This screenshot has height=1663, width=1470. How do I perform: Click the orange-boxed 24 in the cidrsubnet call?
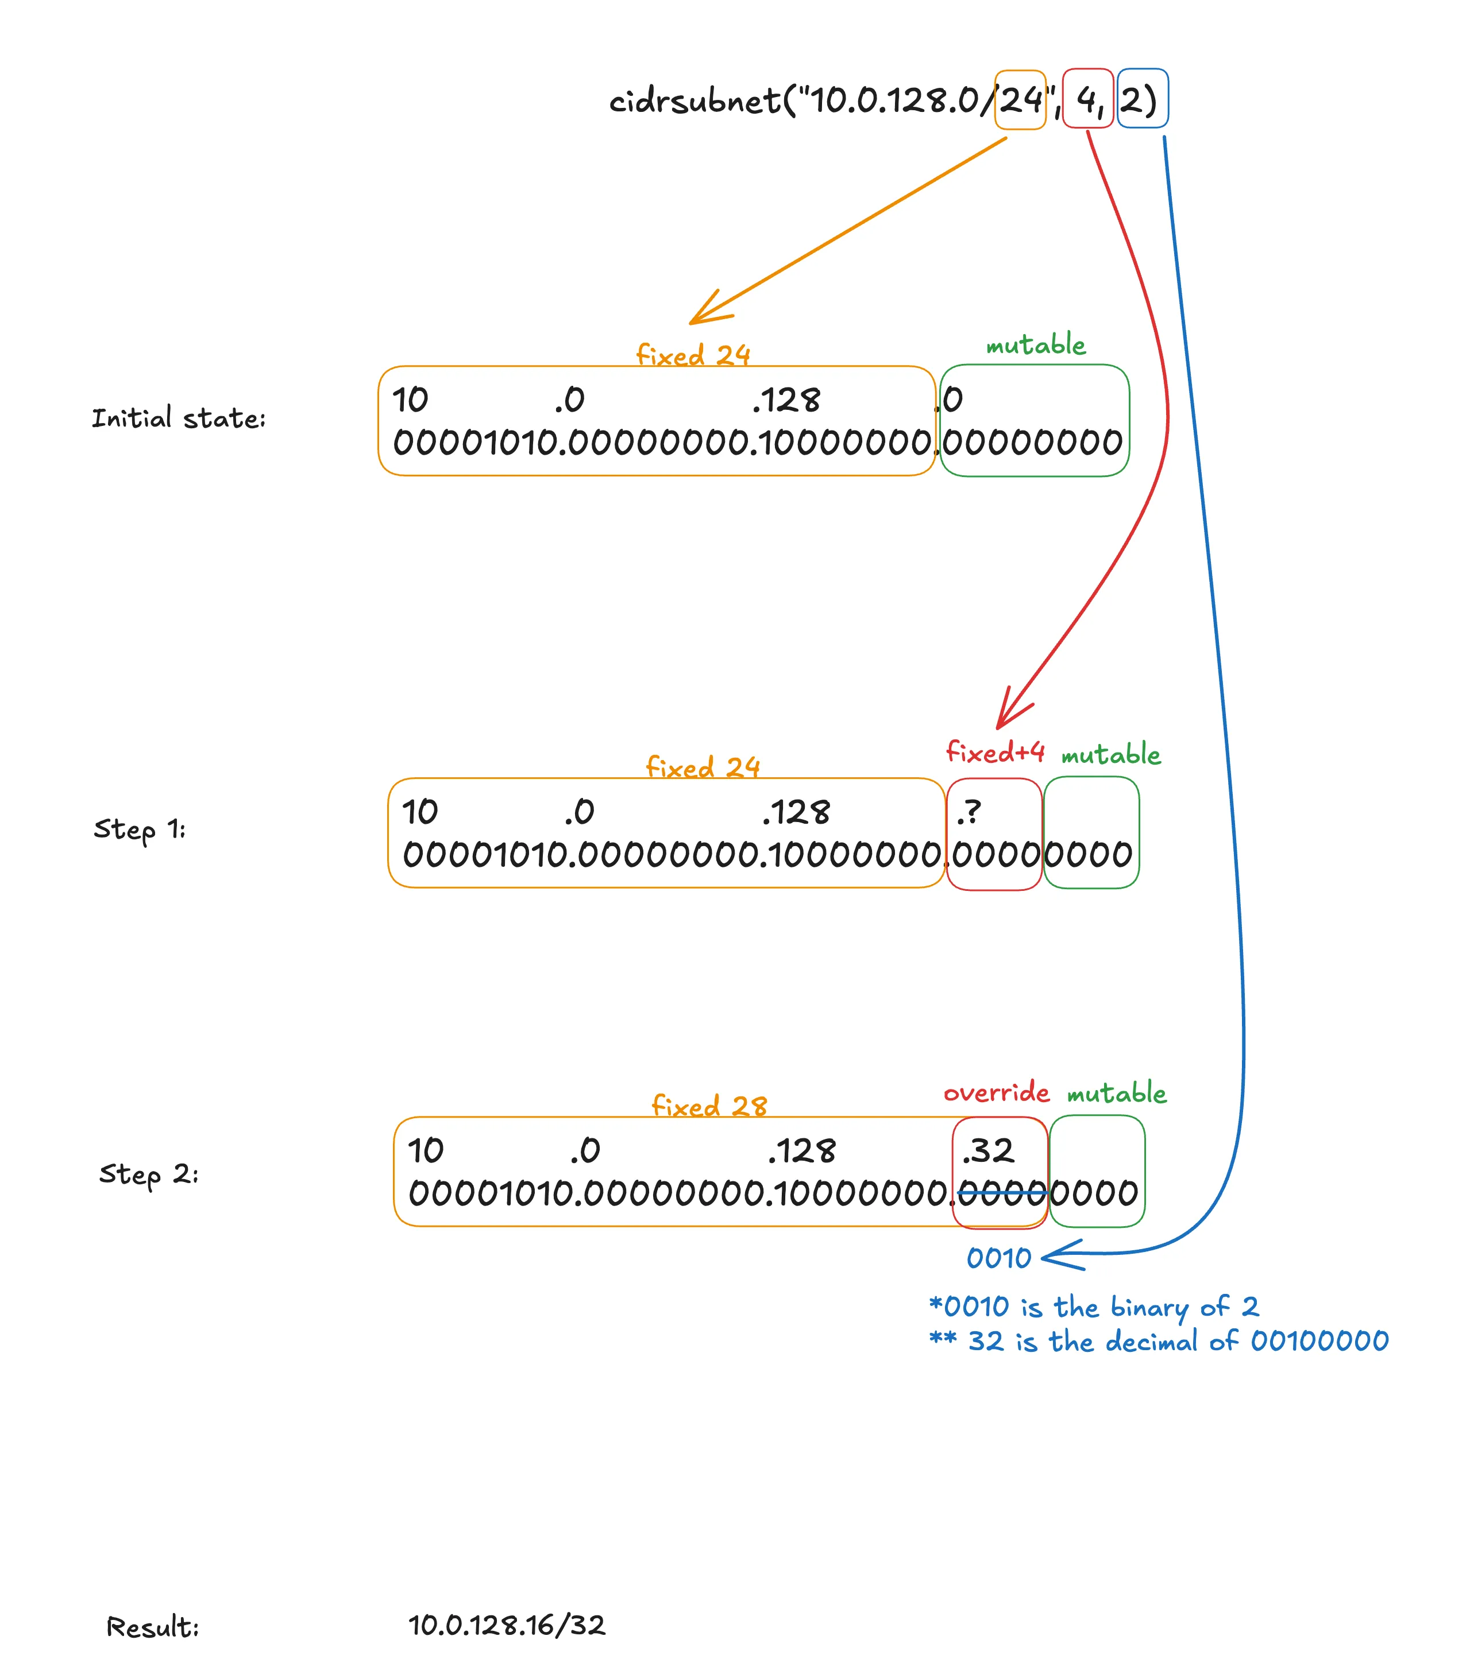point(1020,100)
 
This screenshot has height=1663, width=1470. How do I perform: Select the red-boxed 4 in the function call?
point(1087,100)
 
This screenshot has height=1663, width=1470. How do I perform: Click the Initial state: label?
point(178,418)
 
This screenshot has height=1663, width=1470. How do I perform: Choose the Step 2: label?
point(148,1174)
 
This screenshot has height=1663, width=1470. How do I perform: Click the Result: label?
point(152,1626)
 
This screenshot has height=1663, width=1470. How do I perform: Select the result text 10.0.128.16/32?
point(506,1625)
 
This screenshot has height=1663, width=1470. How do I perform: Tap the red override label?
point(996,1092)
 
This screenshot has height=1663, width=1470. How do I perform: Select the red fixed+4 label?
point(995,752)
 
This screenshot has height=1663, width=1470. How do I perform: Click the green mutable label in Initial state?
point(1035,345)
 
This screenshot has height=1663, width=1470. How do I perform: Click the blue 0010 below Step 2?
point(999,1258)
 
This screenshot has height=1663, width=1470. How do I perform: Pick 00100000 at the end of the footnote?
point(1318,1340)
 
